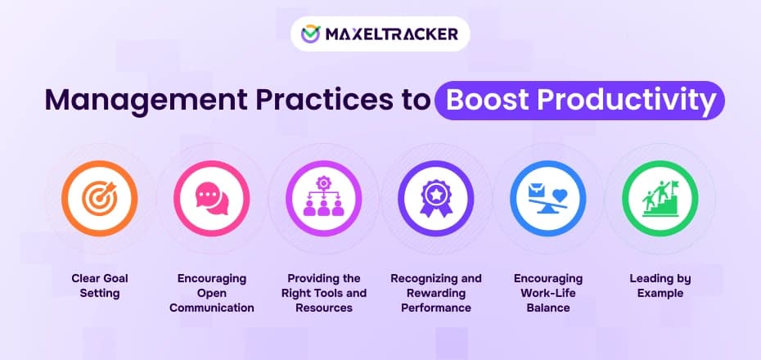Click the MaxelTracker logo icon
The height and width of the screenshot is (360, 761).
(x=311, y=34)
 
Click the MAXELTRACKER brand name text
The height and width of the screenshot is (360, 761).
(x=390, y=34)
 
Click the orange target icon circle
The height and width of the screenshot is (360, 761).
(x=99, y=199)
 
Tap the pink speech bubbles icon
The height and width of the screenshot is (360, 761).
(x=211, y=199)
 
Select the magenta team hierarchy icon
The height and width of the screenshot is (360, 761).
(x=322, y=199)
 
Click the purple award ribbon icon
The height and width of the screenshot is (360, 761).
(x=435, y=199)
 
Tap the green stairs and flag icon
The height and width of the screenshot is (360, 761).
(x=659, y=199)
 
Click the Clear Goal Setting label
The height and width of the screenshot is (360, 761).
(x=99, y=286)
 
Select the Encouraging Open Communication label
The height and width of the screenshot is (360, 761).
(x=211, y=293)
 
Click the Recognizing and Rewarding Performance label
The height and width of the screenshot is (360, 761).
(x=435, y=293)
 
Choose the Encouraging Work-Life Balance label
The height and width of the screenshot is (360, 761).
(x=547, y=293)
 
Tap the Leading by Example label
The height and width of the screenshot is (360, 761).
(x=659, y=286)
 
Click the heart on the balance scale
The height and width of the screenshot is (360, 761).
(x=560, y=194)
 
